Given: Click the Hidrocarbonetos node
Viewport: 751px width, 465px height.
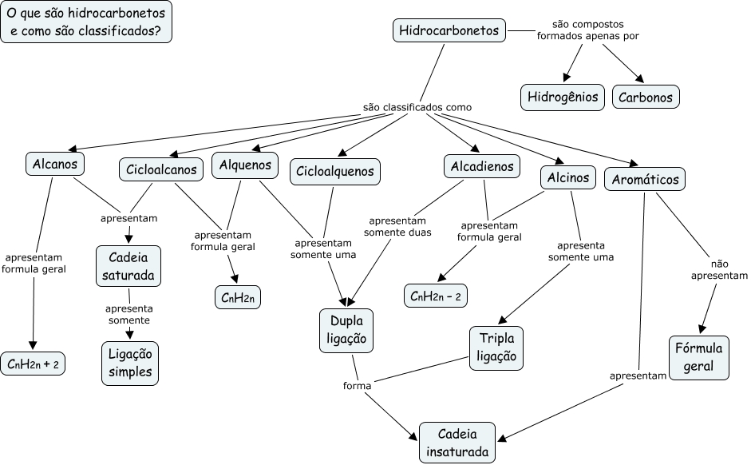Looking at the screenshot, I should click(449, 31).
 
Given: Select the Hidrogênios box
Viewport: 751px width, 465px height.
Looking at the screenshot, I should click(563, 97).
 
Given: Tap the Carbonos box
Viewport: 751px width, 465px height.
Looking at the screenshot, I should click(646, 97).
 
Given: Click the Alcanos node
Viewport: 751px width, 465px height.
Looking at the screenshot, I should click(54, 165).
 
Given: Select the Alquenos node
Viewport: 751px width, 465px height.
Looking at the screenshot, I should click(245, 165).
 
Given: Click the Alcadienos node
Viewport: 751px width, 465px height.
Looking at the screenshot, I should click(482, 167).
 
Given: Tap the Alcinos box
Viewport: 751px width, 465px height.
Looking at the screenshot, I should click(568, 177).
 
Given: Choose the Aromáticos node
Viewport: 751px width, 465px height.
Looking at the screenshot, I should click(645, 180).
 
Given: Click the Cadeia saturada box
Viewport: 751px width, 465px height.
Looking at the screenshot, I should click(128, 266).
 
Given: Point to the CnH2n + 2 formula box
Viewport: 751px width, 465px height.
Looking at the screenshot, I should click(34, 364).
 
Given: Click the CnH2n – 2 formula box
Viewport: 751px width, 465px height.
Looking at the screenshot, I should click(436, 296).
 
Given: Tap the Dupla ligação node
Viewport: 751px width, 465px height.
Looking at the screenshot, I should click(346, 329).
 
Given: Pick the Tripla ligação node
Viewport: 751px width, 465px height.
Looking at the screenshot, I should click(496, 348).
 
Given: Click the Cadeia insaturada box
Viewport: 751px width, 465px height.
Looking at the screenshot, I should click(457, 443).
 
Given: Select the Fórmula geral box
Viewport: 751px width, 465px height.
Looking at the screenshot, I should click(698, 357).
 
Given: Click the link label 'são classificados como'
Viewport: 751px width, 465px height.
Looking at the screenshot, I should click(417, 107).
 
